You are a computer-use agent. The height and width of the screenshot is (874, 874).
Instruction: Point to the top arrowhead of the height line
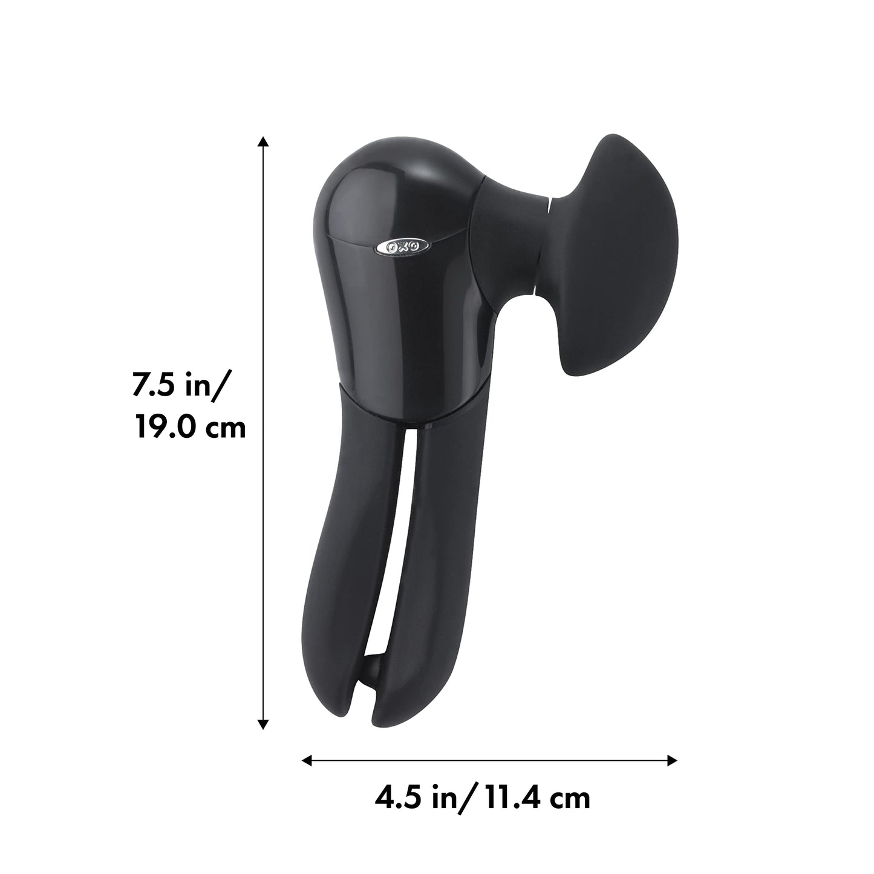pos(263,143)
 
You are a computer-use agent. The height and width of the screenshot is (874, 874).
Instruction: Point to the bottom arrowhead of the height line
pos(263,723)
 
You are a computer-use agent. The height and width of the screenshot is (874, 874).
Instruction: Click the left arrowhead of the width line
pos(307,760)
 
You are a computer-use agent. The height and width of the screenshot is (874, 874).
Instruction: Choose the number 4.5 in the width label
pos(396,798)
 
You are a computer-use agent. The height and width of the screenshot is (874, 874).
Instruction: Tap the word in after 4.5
pos(443,798)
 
